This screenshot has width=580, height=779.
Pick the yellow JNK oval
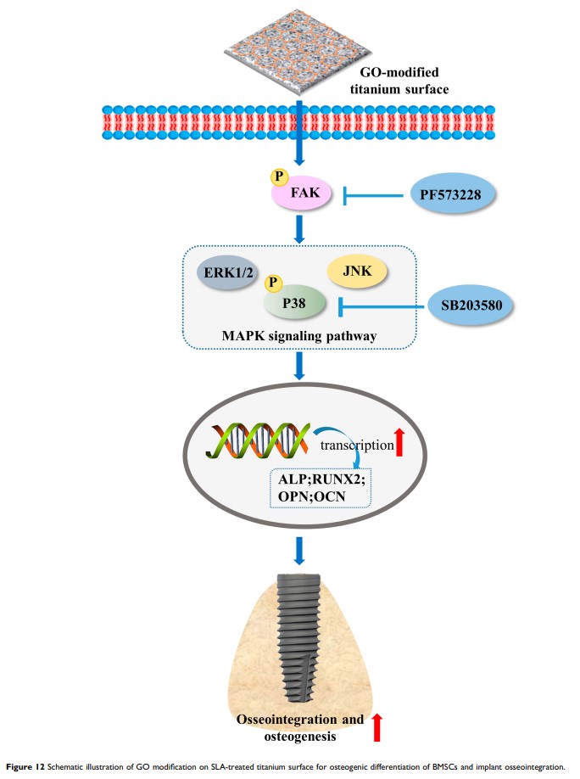[357, 272]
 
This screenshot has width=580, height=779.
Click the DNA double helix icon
[255, 442]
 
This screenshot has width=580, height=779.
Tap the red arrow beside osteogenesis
[378, 729]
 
